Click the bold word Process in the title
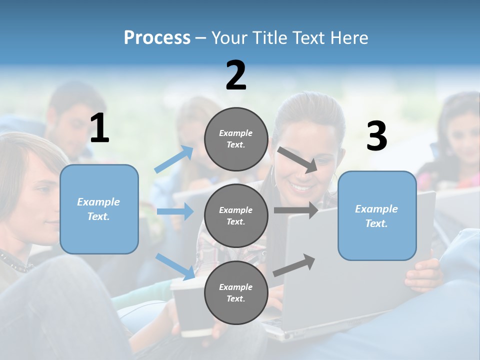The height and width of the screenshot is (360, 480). click(157, 38)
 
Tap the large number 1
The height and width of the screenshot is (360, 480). click(99, 128)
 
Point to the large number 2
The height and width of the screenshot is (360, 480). click(236, 75)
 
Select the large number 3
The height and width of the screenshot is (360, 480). click(376, 136)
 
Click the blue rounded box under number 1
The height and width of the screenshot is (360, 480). click(99, 209)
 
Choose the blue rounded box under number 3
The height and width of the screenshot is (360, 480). click(377, 216)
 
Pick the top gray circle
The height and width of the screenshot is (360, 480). click(236, 139)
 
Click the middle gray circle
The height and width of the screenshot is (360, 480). click(236, 215)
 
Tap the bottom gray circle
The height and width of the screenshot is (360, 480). click(236, 292)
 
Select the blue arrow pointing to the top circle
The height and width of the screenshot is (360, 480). click(174, 159)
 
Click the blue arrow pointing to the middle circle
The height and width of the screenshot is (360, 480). click(175, 211)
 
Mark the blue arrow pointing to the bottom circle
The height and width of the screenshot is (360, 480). click(176, 266)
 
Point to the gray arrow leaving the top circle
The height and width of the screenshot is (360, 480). click(297, 159)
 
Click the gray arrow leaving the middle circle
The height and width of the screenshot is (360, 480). click(296, 210)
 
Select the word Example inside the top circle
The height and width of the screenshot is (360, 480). click(236, 133)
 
